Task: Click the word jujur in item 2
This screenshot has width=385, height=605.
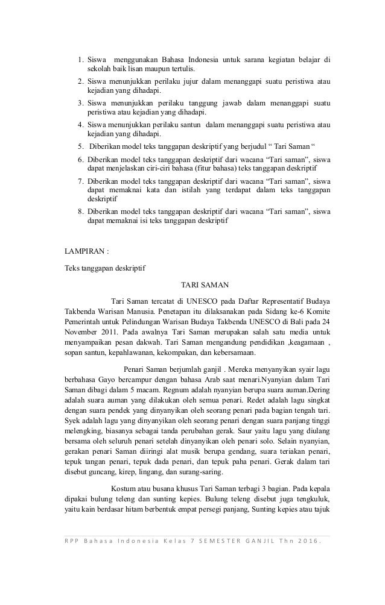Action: [x=193, y=81]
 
